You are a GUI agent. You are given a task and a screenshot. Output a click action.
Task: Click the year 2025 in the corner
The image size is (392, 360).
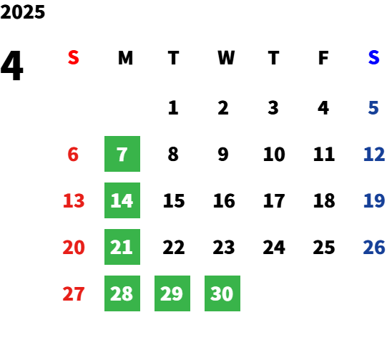coord(22,12)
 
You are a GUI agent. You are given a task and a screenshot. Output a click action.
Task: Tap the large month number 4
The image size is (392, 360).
coord(11,66)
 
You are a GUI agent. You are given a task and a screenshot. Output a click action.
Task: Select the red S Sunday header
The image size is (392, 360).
coord(74,58)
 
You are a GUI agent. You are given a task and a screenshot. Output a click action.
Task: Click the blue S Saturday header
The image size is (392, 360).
coord(373,58)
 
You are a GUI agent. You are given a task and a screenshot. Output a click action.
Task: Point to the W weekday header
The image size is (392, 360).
coord(226,58)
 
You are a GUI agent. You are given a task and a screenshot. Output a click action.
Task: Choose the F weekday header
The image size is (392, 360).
coord(323,58)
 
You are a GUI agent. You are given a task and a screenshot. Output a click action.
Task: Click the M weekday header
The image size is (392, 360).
coord(125,58)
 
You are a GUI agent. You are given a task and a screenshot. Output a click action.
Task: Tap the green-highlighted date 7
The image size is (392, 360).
coord(122,154)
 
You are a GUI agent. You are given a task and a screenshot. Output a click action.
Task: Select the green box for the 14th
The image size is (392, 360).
coord(122,200)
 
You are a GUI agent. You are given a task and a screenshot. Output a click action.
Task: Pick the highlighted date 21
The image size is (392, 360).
coord(122,247)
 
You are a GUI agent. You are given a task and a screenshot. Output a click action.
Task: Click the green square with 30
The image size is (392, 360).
coord(222,293)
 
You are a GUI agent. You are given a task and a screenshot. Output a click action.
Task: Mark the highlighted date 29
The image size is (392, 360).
coord(172,293)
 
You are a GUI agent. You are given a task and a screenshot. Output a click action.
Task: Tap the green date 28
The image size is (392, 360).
coord(122,293)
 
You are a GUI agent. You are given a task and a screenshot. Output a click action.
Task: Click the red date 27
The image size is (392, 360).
coord(74,293)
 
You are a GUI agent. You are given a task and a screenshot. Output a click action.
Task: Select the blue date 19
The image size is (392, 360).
coord(373,200)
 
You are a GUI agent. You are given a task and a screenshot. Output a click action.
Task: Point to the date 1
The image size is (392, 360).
coord(173,108)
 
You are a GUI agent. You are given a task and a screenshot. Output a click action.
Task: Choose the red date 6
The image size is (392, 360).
coord(73,154)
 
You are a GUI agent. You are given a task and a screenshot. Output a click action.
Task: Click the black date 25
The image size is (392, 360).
coord(324,247)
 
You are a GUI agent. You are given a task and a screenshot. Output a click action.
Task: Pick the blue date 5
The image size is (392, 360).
coord(373,108)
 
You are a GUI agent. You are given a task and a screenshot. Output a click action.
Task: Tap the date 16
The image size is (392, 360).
coord(224,200)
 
